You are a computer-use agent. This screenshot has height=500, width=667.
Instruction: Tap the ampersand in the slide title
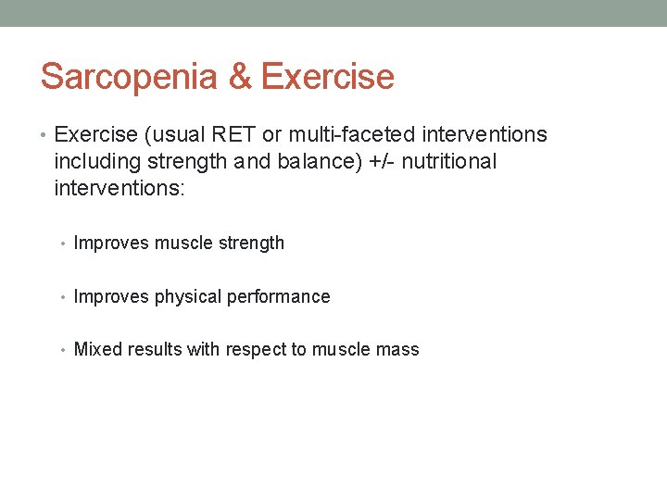[x=240, y=77]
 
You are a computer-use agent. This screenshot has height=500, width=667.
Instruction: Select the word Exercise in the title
[x=327, y=77]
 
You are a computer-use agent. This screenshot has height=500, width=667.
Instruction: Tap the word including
[x=97, y=162]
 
